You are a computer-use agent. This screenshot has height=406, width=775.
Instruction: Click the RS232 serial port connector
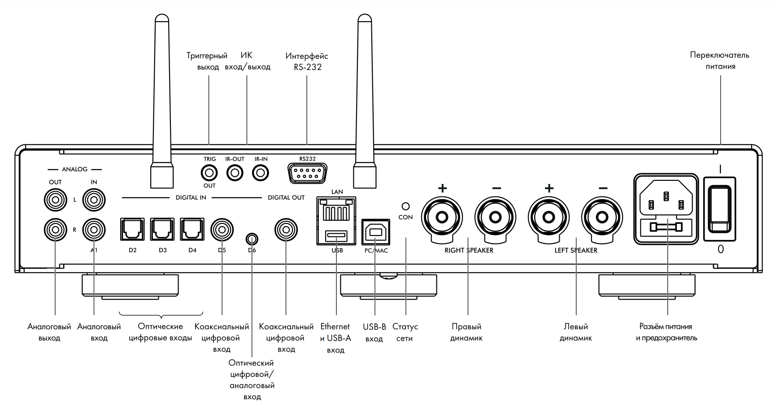(x=307, y=173)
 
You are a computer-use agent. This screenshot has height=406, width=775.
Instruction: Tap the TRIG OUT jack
(x=209, y=173)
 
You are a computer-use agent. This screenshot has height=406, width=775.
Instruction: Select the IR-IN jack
(x=261, y=173)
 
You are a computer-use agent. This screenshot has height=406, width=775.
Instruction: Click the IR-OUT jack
(x=235, y=173)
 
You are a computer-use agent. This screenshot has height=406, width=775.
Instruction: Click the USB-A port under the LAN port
(x=336, y=235)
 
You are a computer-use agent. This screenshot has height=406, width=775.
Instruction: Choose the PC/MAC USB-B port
(x=375, y=232)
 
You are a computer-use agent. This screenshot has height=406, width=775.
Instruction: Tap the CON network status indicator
(x=405, y=206)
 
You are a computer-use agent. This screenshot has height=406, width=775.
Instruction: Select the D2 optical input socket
(x=132, y=230)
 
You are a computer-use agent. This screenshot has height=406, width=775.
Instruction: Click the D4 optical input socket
(x=192, y=230)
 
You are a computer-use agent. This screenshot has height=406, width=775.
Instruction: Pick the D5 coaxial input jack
(x=222, y=230)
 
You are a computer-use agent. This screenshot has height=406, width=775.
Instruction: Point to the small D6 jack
(x=252, y=238)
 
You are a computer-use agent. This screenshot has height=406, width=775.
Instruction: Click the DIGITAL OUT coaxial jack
(x=286, y=230)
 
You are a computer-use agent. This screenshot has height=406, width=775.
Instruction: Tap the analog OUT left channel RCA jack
(x=55, y=200)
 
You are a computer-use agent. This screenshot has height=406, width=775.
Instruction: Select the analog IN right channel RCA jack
(x=94, y=230)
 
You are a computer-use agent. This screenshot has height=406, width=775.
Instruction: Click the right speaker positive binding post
(x=442, y=218)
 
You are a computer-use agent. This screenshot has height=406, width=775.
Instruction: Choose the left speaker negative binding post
(x=602, y=218)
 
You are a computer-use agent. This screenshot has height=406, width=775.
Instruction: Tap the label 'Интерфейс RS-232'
(x=307, y=61)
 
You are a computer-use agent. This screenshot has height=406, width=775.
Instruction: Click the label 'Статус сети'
(x=405, y=332)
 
